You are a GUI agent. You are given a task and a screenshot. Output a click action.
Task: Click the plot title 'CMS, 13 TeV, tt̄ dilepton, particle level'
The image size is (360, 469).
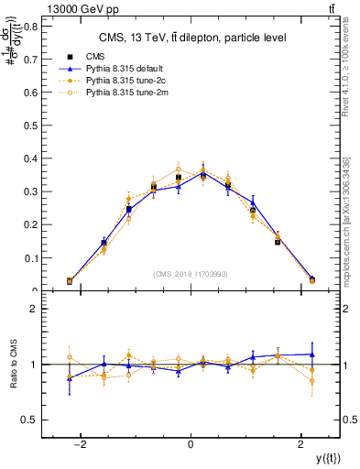(x=192, y=38)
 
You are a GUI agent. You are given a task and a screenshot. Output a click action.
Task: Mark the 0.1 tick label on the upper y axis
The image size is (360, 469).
(x=31, y=258)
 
